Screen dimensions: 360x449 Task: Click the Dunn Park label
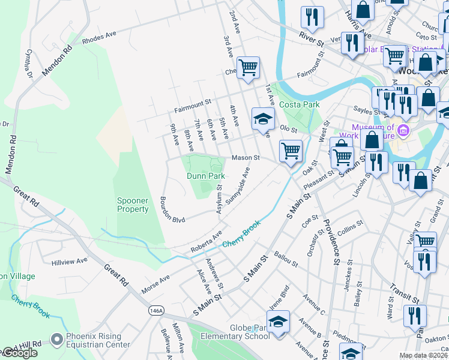[205, 176]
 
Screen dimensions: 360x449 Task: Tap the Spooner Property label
[133, 205]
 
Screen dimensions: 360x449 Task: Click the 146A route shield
[155, 310]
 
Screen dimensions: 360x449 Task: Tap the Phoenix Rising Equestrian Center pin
[57, 340]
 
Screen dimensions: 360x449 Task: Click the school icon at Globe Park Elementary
[278, 322]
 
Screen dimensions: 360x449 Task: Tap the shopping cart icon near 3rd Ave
[247, 68]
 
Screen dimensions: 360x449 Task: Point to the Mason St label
[246, 158]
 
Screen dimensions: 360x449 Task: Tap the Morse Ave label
[155, 284]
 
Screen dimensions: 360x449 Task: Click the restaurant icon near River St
[312, 19]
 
